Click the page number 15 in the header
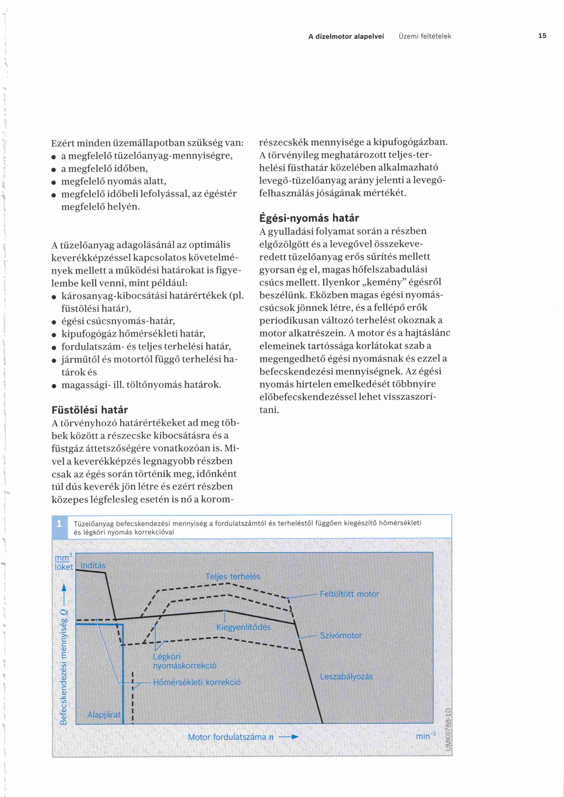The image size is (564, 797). pos(542,36)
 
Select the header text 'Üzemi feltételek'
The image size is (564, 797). pos(425,36)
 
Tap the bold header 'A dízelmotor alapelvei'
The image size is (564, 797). pos(346,36)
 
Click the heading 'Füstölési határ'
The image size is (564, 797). pos(90,410)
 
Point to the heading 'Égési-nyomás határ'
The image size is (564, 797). pos(309,218)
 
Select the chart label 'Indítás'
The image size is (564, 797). pos(93,565)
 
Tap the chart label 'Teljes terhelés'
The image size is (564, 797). pos(233,577)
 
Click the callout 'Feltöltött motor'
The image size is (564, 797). pos(349,594)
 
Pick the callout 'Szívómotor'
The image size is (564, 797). pos(341,635)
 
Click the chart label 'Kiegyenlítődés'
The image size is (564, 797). pos(243,627)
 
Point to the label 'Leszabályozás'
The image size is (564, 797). pos(346,677)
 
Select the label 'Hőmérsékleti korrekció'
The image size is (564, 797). pos(196,682)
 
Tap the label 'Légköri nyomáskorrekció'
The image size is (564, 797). pos(184,661)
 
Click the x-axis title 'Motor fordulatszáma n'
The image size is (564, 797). pos(231,737)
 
